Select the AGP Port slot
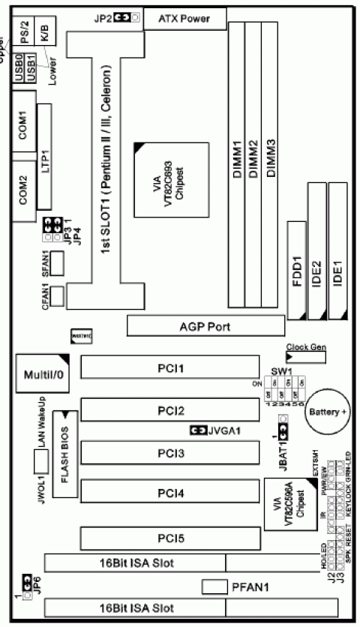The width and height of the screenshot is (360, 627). tap(205, 327)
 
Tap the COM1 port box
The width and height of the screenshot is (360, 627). tap(23, 127)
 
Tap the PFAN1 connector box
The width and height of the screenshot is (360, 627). tap(214, 585)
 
